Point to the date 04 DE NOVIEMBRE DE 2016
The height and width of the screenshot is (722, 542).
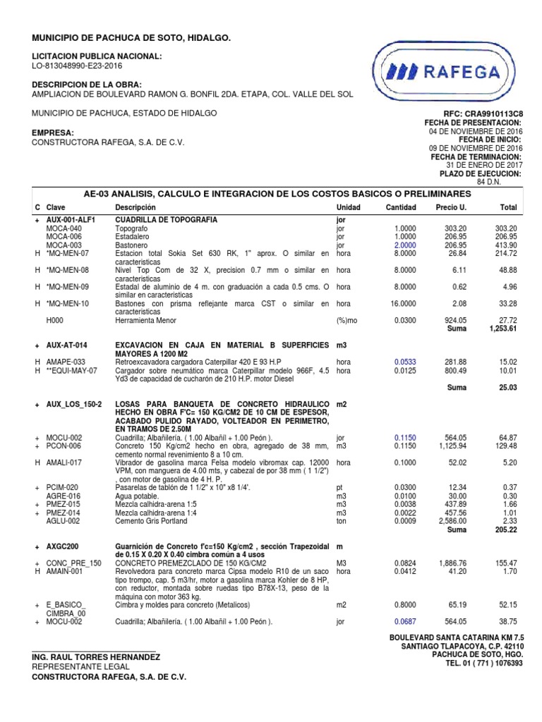(x=476, y=131)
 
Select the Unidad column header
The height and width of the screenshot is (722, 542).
(x=349, y=207)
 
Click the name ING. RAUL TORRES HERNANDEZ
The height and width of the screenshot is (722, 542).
(x=96, y=657)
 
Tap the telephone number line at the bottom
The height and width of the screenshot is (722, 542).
(x=477, y=664)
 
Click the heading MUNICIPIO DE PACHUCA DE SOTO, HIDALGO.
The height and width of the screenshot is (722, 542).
(x=131, y=37)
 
